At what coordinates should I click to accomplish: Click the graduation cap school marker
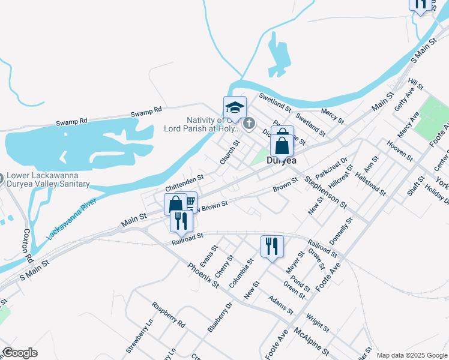(x=235, y=108)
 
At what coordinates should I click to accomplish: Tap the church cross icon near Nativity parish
(x=249, y=124)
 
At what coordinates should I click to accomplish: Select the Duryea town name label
(x=282, y=160)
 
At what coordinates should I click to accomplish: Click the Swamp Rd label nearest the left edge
(x=72, y=121)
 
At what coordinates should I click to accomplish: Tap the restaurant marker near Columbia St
(x=272, y=245)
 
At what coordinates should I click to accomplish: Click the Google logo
(x=20, y=353)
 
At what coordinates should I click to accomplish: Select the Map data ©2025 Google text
(x=411, y=355)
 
